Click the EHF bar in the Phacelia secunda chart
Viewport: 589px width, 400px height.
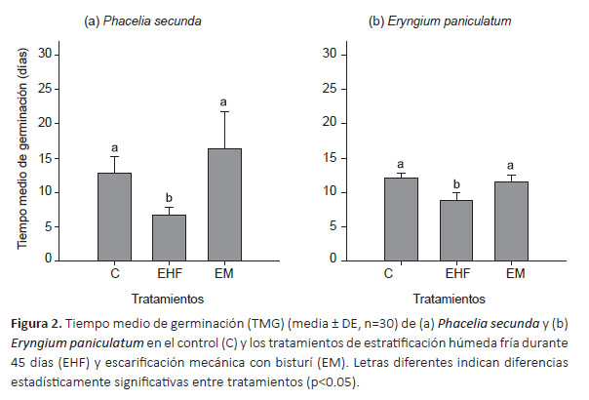click(x=170, y=237)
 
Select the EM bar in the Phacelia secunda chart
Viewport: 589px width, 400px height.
click(x=224, y=204)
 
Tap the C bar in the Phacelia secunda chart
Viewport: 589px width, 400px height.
click(x=115, y=216)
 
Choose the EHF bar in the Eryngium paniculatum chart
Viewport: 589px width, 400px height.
click(x=454, y=230)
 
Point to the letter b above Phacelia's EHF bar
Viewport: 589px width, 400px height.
click(x=170, y=194)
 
